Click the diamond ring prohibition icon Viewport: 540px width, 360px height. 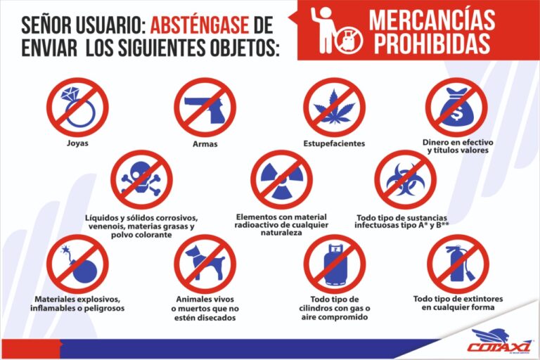tap(77, 107)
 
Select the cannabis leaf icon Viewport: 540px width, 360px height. tap(334, 107)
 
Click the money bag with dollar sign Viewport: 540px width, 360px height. tap(456, 107)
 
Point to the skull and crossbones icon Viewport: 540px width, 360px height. tap(141, 179)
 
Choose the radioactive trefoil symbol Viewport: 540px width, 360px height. tap(281, 179)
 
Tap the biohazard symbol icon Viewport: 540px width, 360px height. tap(405, 179)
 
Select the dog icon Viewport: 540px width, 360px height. tap(205, 264)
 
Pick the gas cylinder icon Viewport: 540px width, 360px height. tap(334, 264)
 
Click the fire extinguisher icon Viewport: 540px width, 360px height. tap(458, 264)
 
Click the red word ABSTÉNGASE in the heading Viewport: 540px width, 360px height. tap(200, 25)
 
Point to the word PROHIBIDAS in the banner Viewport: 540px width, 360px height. tap(432, 44)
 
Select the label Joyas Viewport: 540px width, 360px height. tap(77, 143)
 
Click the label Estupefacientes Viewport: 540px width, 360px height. tap(334, 143)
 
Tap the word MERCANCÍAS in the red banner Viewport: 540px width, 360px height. tap(432, 20)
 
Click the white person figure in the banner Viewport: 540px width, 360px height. tap(323, 30)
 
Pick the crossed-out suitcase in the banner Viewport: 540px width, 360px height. tap(349, 39)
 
